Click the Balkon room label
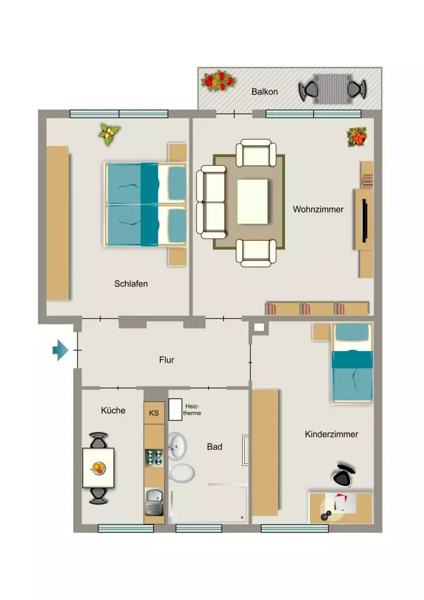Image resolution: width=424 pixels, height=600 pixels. [264, 92]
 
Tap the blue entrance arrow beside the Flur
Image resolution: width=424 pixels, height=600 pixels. [60, 350]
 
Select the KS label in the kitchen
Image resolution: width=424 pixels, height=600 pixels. [154, 413]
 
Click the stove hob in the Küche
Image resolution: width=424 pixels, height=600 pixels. [154, 458]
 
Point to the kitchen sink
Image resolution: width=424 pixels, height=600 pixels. [154, 502]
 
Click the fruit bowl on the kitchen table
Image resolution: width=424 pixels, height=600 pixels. [99, 468]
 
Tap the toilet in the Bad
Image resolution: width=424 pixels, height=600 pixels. [181, 473]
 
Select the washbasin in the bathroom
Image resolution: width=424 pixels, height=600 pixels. [177, 446]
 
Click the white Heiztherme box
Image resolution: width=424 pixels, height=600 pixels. [175, 410]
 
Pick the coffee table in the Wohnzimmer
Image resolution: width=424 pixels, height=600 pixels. [252, 202]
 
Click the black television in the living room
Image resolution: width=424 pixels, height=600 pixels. [365, 220]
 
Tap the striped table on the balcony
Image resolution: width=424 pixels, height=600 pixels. [333, 89]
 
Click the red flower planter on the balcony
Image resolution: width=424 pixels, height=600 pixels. [218, 81]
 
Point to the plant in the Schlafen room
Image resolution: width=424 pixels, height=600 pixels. [110, 134]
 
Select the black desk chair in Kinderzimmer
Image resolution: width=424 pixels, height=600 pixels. [344, 475]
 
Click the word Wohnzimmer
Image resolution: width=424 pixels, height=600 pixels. [318, 209]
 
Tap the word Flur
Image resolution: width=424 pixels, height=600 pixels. [167, 360]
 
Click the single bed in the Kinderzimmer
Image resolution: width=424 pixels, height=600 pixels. [352, 363]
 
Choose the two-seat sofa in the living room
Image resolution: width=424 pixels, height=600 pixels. [211, 202]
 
